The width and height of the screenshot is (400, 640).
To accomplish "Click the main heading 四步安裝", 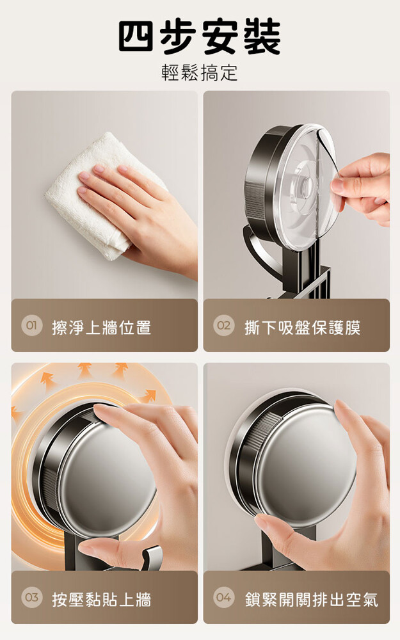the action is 200,36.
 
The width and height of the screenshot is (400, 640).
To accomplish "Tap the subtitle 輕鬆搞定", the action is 200,73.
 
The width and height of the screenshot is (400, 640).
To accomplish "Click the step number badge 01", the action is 31,326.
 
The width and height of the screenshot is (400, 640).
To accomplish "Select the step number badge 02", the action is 223,326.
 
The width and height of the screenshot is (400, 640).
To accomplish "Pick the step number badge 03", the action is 31,598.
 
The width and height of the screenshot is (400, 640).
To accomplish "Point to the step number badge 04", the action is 223,598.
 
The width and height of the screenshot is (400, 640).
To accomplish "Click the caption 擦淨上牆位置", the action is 101,327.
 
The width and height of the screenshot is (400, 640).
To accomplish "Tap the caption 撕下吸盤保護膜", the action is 303,327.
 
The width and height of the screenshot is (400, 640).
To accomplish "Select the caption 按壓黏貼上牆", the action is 101,599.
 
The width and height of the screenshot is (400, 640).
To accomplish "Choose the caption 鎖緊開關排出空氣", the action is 312,599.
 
